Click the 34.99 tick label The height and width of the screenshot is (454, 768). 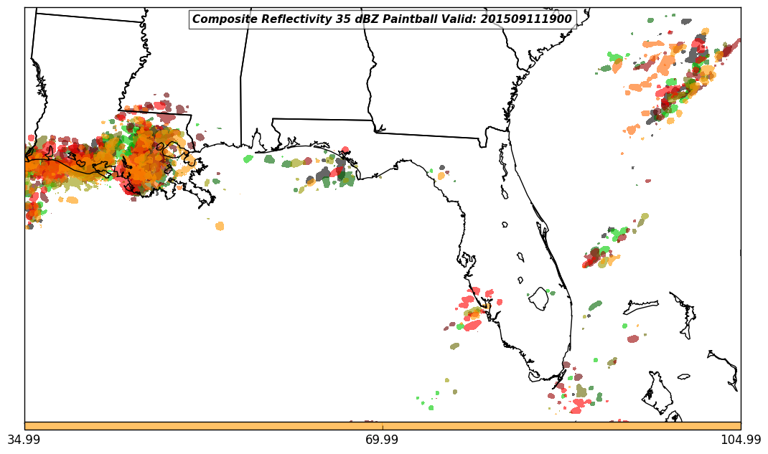click(x=24, y=440)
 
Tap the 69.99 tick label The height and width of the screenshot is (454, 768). click(x=383, y=440)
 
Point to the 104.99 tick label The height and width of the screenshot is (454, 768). click(x=741, y=440)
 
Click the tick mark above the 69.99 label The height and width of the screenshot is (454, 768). click(x=383, y=428)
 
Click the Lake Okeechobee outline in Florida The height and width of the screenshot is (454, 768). click(x=539, y=298)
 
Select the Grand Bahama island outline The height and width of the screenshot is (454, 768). click(x=641, y=307)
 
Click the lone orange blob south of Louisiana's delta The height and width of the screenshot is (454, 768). click(x=220, y=226)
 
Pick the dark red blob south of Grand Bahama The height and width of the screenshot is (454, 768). click(x=632, y=339)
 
